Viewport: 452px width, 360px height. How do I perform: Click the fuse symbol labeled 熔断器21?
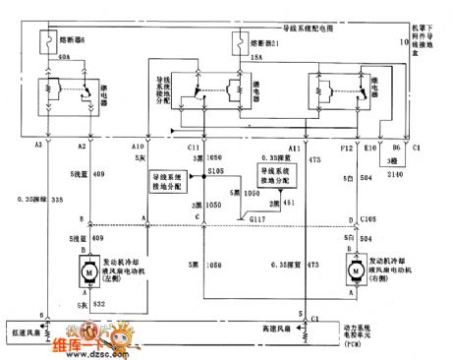(x=238, y=43)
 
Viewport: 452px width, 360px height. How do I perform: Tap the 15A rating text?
(x=256, y=58)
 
